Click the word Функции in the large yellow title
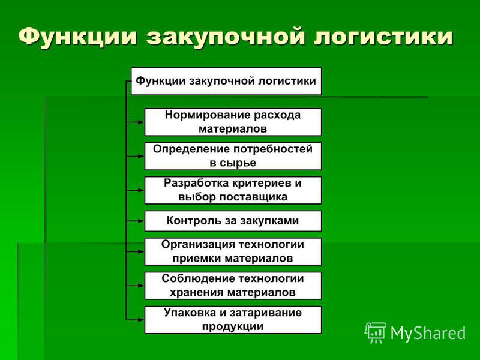pyautogui.click(x=77, y=37)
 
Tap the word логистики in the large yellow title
pyautogui.click(x=383, y=37)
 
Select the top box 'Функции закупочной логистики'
pyautogui.click(x=226, y=81)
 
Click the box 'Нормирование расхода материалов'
pyautogui.click(x=233, y=122)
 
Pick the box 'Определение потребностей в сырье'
pyautogui.click(x=233, y=156)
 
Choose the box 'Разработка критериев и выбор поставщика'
pyautogui.click(x=233, y=190)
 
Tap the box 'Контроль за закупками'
pyautogui.click(x=233, y=221)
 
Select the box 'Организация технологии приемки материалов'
pyautogui.click(x=233, y=251)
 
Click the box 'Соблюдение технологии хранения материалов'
pyautogui.click(x=233, y=286)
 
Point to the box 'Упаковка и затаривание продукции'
pyautogui.click(x=233, y=320)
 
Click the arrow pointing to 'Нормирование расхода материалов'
pyautogui.click(x=135, y=122)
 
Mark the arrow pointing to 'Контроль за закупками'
pyautogui.click(x=135, y=221)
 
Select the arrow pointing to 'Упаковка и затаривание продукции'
pyautogui.click(x=135, y=320)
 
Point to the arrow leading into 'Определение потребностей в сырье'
pyautogui.click(x=135, y=156)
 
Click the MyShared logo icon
pyautogui.click(x=376, y=332)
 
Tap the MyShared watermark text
pyautogui.click(x=428, y=333)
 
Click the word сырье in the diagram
pyautogui.click(x=238, y=163)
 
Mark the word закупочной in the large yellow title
pyautogui.click(x=225, y=37)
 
